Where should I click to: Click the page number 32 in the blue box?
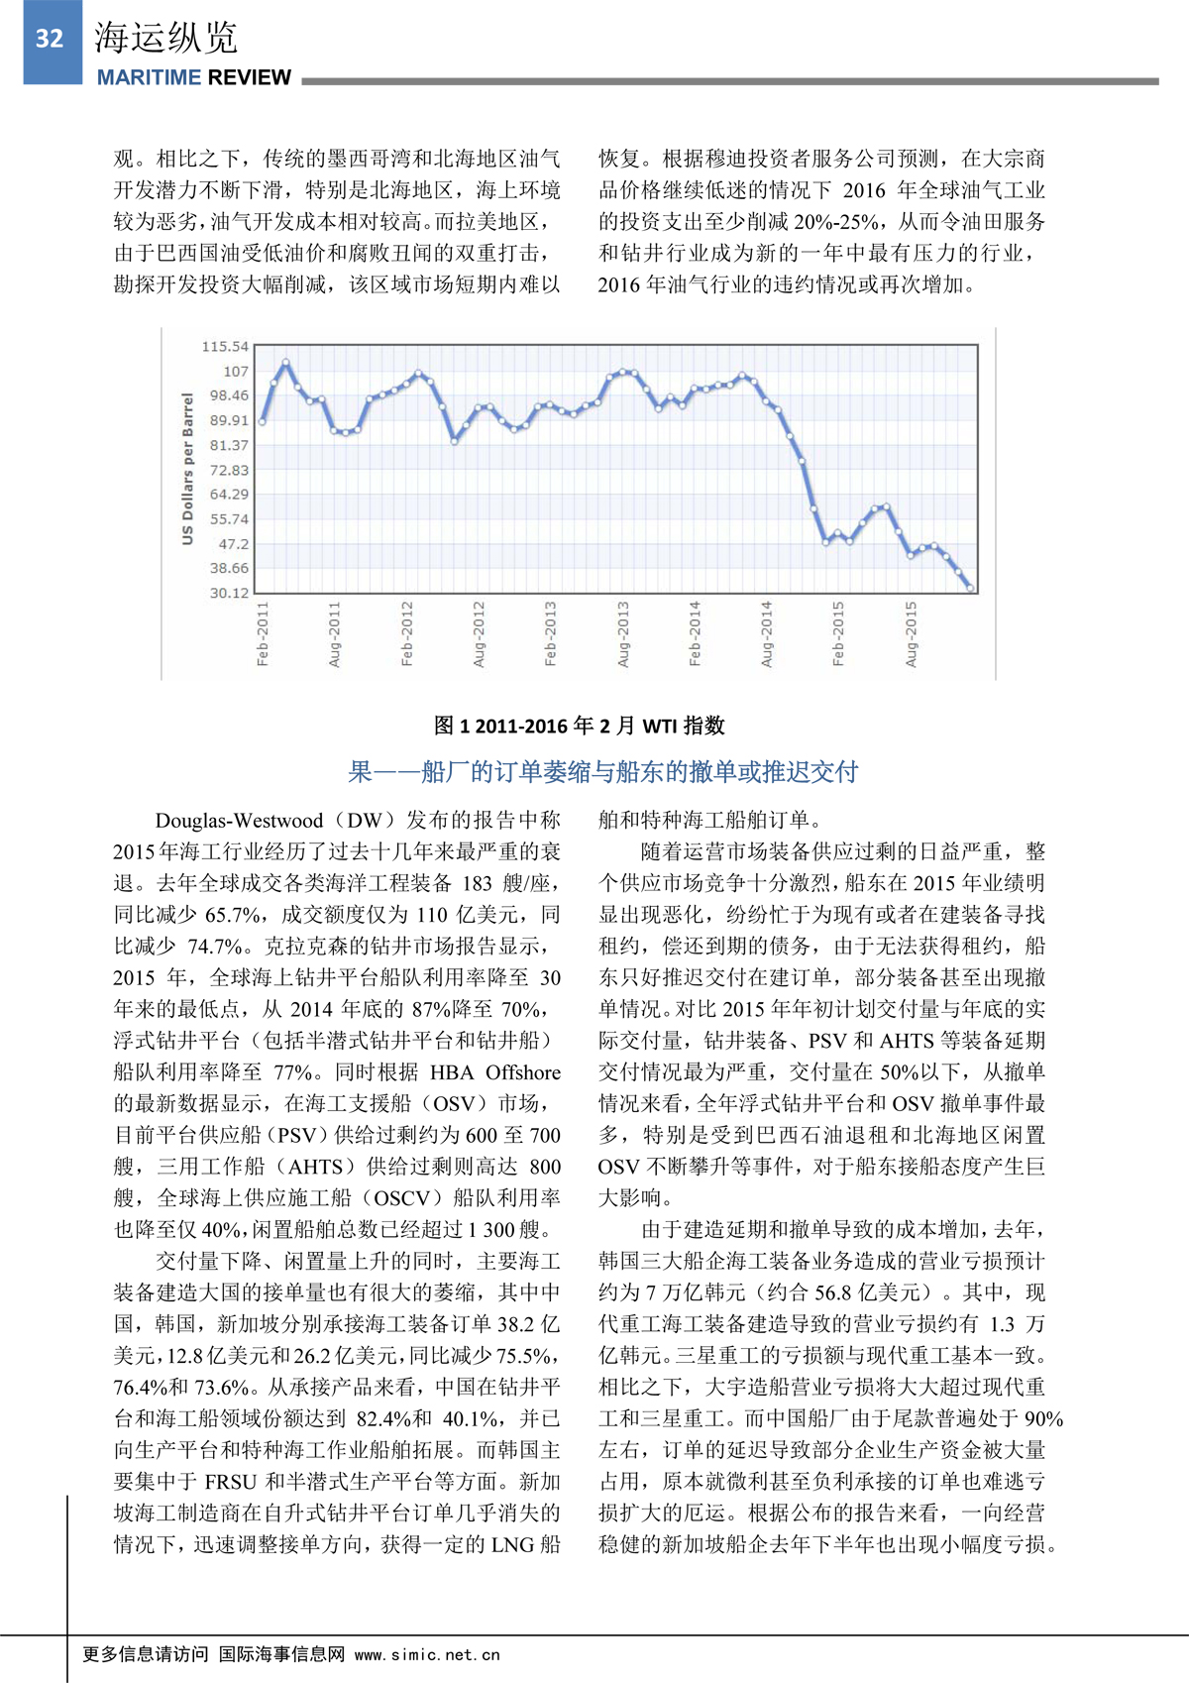(x=50, y=39)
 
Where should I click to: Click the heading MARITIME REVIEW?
(x=193, y=77)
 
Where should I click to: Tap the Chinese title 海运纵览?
(x=165, y=38)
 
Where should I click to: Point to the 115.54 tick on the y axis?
(x=225, y=347)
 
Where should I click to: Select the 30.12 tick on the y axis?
(x=229, y=593)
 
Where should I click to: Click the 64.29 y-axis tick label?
(x=229, y=495)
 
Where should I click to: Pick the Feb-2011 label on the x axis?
(x=263, y=633)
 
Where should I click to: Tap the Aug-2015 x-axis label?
(x=911, y=633)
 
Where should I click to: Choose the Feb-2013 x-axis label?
(x=550, y=633)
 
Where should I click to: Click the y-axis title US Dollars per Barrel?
(x=187, y=469)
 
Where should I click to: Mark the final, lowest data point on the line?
(x=970, y=589)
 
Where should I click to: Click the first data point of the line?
(x=263, y=421)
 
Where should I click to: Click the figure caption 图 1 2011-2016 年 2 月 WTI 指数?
(x=580, y=726)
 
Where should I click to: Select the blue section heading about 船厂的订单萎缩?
(x=603, y=772)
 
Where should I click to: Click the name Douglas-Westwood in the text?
(x=239, y=821)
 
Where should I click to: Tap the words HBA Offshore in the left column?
(x=494, y=1072)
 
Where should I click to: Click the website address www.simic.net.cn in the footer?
(x=427, y=1654)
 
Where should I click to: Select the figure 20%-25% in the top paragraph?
(x=843, y=222)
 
